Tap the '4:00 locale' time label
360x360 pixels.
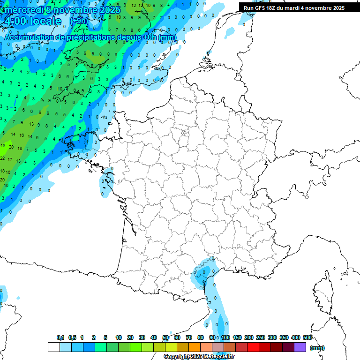click(x=33, y=21)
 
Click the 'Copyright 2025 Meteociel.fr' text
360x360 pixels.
click(x=199, y=357)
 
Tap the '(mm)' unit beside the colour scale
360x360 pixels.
click(x=317, y=348)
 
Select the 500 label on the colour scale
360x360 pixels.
click(x=307, y=337)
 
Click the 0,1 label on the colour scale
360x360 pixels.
click(x=60, y=337)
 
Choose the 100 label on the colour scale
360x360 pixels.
click(x=225, y=337)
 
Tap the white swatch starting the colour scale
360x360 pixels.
click(x=54, y=347)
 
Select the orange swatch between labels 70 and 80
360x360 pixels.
click(x=195, y=347)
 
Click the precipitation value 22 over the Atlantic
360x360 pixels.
click(x=3, y=158)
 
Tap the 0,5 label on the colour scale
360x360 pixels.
click(x=72, y=337)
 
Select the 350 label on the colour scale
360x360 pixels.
click(x=284, y=337)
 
